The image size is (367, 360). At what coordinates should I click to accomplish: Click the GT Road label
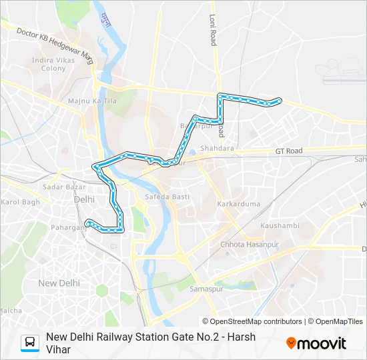click(289, 151)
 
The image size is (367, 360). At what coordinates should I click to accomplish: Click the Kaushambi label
click(280, 226)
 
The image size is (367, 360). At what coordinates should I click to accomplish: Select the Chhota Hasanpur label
click(247, 245)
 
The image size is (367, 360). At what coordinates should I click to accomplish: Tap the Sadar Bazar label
click(61, 188)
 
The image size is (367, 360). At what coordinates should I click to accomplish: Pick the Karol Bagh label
click(21, 202)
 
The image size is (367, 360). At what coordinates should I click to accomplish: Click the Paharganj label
click(68, 227)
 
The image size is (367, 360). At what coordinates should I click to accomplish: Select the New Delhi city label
click(59, 283)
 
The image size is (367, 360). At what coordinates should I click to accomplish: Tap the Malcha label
click(11, 311)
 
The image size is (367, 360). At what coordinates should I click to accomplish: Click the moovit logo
click(316, 343)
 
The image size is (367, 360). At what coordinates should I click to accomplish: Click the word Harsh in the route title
click(240, 337)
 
